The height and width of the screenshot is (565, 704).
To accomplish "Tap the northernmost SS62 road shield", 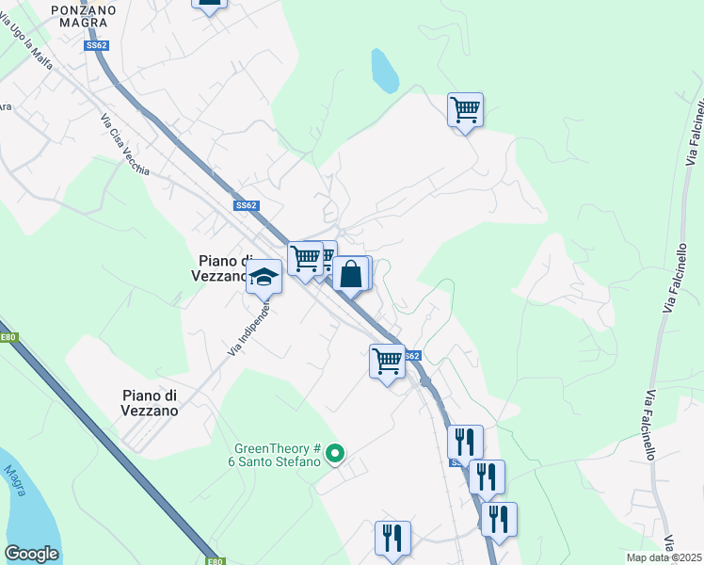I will click(95, 44).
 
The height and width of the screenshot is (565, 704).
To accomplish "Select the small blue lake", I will click(384, 71).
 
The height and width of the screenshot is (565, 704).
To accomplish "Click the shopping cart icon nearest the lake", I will click(465, 110).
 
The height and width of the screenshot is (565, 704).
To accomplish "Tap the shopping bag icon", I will click(351, 275).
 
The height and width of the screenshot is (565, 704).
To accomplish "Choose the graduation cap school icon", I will click(264, 277).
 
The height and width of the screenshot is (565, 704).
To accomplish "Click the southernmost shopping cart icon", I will click(387, 361).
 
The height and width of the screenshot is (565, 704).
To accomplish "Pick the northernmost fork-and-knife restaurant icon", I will click(465, 442).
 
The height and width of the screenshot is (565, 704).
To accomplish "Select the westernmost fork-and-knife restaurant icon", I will click(392, 538).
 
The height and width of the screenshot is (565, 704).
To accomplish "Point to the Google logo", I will click(31, 554).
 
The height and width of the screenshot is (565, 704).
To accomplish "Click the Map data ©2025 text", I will click(664, 557).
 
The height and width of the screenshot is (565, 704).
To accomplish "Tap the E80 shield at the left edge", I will click(8, 336).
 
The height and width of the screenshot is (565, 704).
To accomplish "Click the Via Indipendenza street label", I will click(249, 328).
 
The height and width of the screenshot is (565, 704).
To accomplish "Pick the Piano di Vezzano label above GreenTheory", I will click(150, 403).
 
